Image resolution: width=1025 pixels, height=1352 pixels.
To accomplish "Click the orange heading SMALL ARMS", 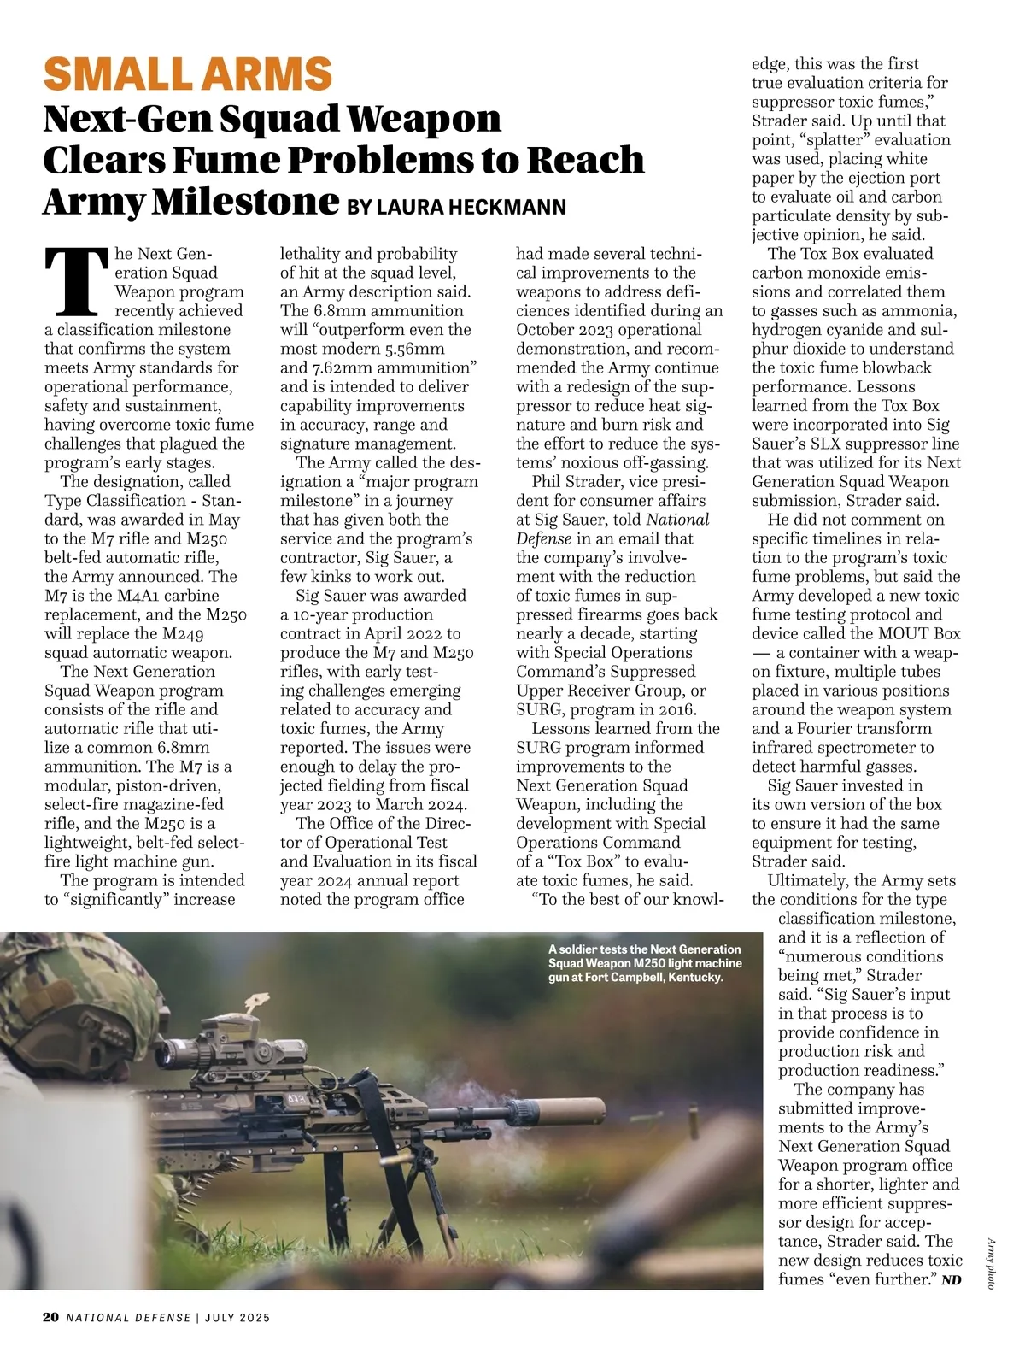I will point(187,73).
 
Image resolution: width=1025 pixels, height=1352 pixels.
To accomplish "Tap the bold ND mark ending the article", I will point(951,1280).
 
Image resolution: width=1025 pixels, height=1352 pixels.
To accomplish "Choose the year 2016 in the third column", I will point(677,709).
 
